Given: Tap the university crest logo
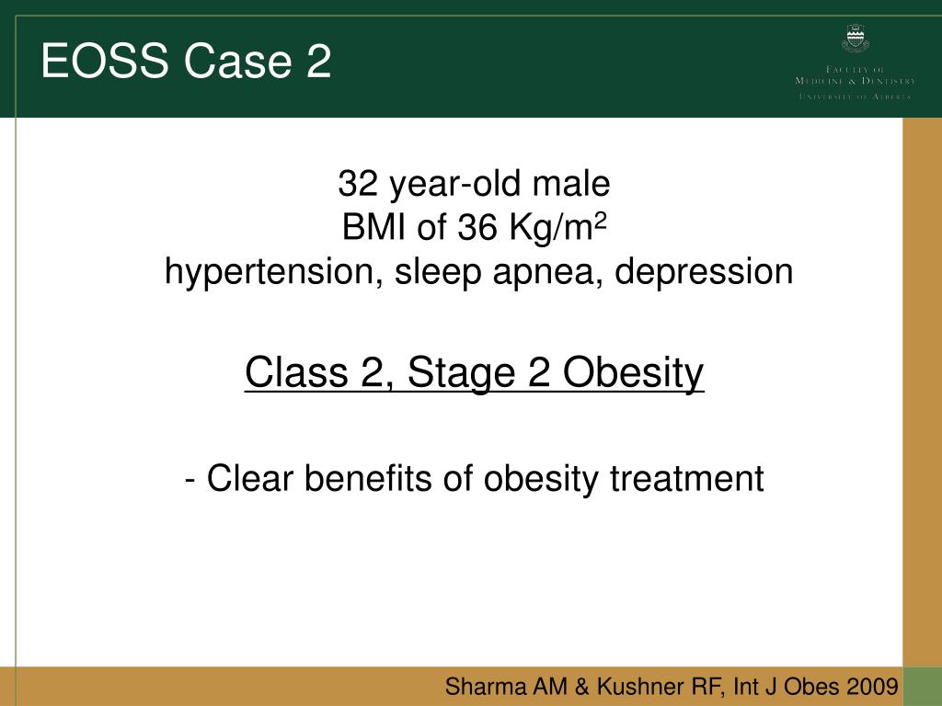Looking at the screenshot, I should point(855,40).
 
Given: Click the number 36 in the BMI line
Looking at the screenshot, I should point(477,228).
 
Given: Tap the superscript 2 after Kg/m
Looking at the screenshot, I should point(604,221).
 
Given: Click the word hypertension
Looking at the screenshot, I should point(268,272).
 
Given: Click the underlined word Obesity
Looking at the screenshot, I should point(634,373).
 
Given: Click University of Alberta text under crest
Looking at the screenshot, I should point(855,97).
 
